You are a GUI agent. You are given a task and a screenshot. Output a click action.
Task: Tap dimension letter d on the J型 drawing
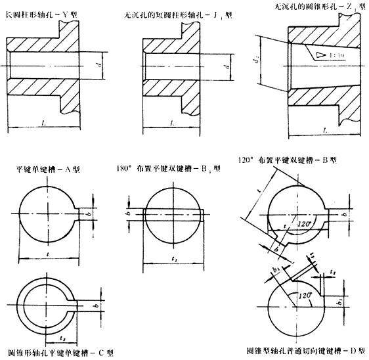224,66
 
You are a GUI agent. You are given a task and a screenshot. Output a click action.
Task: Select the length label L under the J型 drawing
171,123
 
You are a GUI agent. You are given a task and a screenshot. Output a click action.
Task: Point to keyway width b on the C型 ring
97,306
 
